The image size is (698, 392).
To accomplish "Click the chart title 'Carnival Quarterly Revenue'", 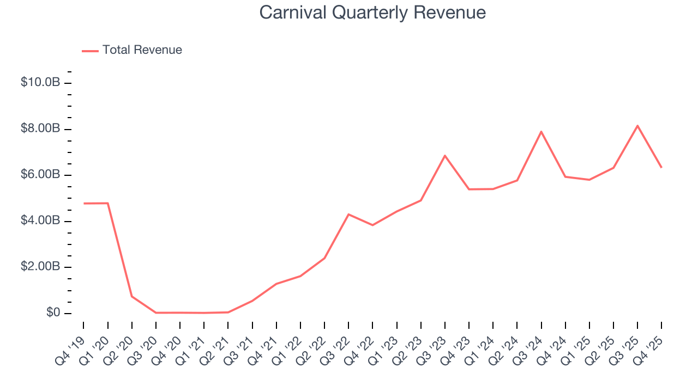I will [x=372, y=13].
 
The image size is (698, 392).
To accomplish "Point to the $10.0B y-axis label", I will [x=40, y=83].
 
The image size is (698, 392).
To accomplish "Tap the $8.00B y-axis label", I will [x=40, y=129].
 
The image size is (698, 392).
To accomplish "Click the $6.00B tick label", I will [x=40, y=175].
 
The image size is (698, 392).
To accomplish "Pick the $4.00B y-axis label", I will [x=40, y=221].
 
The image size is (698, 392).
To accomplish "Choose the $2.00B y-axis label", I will [x=40, y=267].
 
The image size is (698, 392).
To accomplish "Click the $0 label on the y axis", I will [x=53, y=313].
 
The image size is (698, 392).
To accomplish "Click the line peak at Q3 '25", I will [x=637, y=126].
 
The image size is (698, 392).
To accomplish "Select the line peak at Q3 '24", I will [x=541, y=131].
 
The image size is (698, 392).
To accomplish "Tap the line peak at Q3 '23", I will [x=445, y=156].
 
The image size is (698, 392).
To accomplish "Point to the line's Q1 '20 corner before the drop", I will [x=108, y=203].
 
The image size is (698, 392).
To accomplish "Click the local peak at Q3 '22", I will [x=348, y=214].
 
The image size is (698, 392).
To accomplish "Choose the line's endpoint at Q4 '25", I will [x=661, y=167].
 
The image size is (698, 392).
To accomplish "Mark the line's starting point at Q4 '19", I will [x=84, y=204].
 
